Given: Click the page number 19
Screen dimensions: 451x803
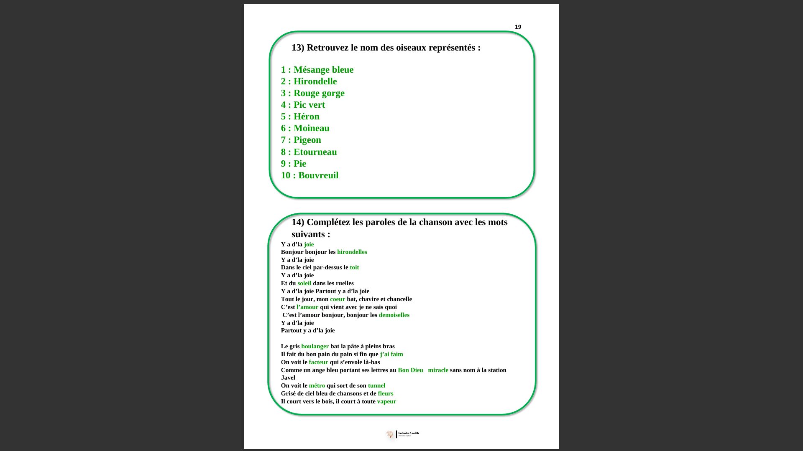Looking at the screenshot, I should coord(518,27).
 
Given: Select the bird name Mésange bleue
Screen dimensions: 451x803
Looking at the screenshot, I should coord(323,70).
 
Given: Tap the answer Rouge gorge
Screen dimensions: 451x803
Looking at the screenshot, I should coord(319,93).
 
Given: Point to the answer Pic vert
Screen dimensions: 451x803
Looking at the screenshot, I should coord(309,105).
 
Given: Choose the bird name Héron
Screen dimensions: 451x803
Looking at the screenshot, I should coord(306,117).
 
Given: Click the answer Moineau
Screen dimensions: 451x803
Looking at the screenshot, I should coord(311,128).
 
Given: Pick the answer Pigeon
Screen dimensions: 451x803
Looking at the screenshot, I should coord(307,140).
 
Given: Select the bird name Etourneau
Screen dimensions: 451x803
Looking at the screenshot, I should coord(315,152).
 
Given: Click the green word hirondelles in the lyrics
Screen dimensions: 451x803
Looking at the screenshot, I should coord(352,252).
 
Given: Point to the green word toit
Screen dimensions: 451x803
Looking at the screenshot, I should coord(354,267).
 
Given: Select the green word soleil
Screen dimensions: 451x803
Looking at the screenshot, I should coord(304,283).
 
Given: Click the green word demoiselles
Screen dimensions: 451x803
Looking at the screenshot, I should coord(394,315).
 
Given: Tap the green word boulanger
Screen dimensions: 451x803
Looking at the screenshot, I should coord(315,346).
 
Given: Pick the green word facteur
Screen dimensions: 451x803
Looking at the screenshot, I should coord(318,362).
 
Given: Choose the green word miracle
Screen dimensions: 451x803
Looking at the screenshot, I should coord(438,370).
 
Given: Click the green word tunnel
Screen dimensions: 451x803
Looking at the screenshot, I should coord(376,385).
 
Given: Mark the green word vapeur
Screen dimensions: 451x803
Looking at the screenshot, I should coord(386,401).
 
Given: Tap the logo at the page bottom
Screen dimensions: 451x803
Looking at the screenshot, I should coord(402,434).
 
